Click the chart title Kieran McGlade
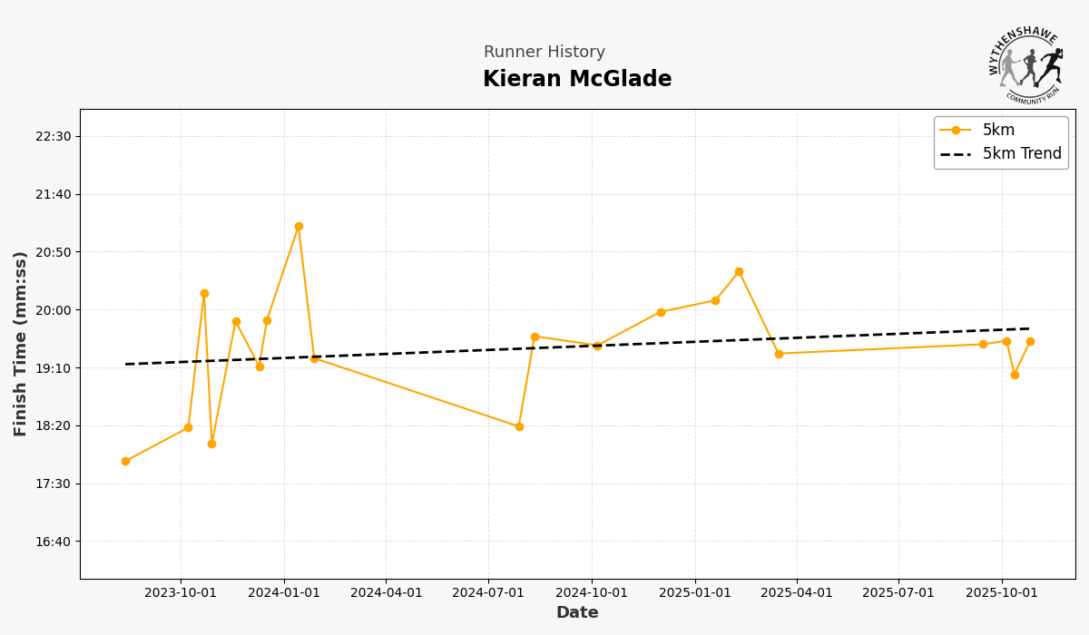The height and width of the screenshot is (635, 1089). pos(577,80)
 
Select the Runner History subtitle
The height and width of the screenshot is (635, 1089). pos(544,53)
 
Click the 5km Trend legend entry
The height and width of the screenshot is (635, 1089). pos(1021,154)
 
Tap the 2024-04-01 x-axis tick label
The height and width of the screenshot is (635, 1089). pos(387,593)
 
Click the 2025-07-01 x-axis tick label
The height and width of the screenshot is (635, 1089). pos(898,593)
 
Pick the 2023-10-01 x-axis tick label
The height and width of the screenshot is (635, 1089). pos(181,593)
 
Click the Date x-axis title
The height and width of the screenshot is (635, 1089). pos(577,613)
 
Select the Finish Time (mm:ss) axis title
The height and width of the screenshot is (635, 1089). pos(20,344)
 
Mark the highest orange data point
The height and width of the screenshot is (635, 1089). pos(299,227)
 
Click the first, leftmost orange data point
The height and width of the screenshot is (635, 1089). pos(125,462)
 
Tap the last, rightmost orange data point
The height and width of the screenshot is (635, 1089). pos(1030,342)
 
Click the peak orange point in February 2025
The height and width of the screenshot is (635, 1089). pos(739,272)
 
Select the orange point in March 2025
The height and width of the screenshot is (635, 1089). pos(779,354)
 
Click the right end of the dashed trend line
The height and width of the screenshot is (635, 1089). pos(1029,328)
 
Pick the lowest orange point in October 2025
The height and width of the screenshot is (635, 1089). pos(1015,375)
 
